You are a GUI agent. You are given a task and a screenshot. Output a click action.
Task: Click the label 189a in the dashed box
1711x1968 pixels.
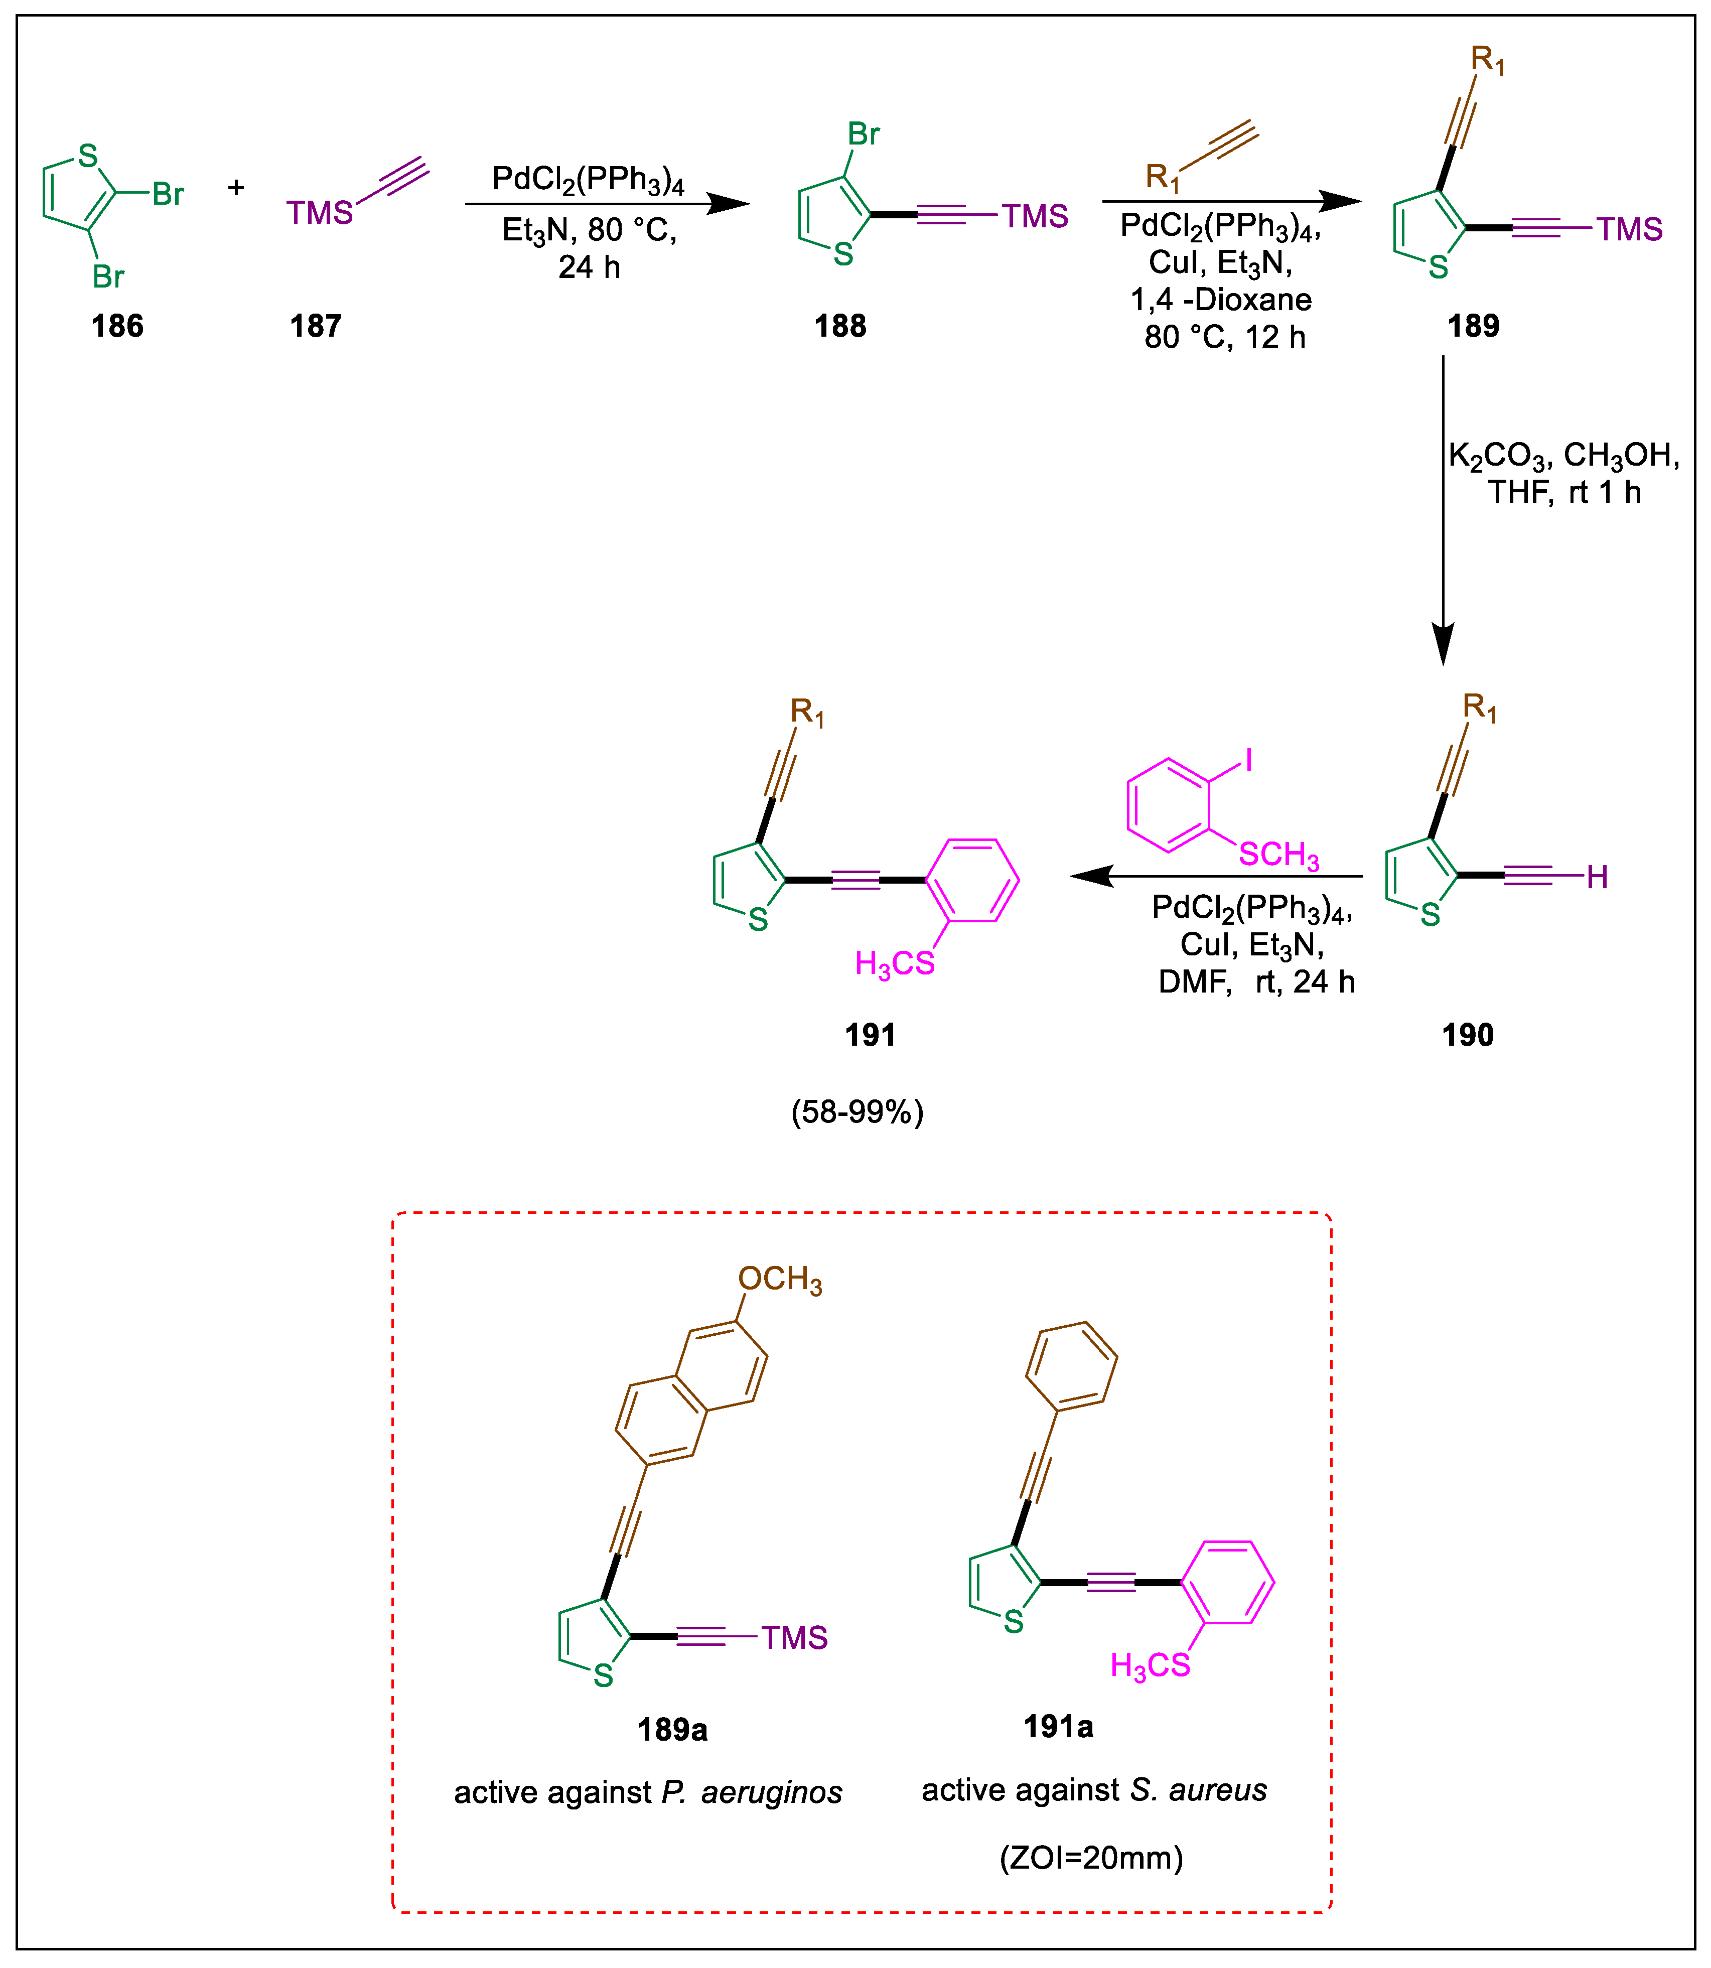[x=672, y=1729]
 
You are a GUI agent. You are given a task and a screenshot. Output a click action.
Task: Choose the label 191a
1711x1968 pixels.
[x=1058, y=1727]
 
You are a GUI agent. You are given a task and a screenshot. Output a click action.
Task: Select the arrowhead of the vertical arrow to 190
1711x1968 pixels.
[x=1443, y=642]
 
